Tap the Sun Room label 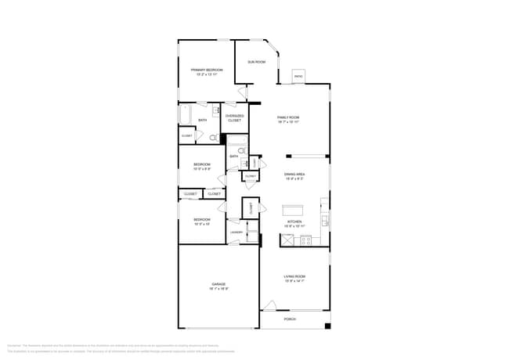pos(256,62)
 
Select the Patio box pos(298,76)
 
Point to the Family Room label pos(288,119)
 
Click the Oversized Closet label pos(235,118)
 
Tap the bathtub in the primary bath pos(186,117)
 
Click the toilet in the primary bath pos(213,137)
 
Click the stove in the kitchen pos(305,240)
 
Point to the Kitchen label pos(294,224)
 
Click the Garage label pos(218,286)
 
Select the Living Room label pos(294,278)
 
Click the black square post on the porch pos(327,326)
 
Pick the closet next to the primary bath pos(187,136)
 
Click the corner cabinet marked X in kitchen pos(287,240)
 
